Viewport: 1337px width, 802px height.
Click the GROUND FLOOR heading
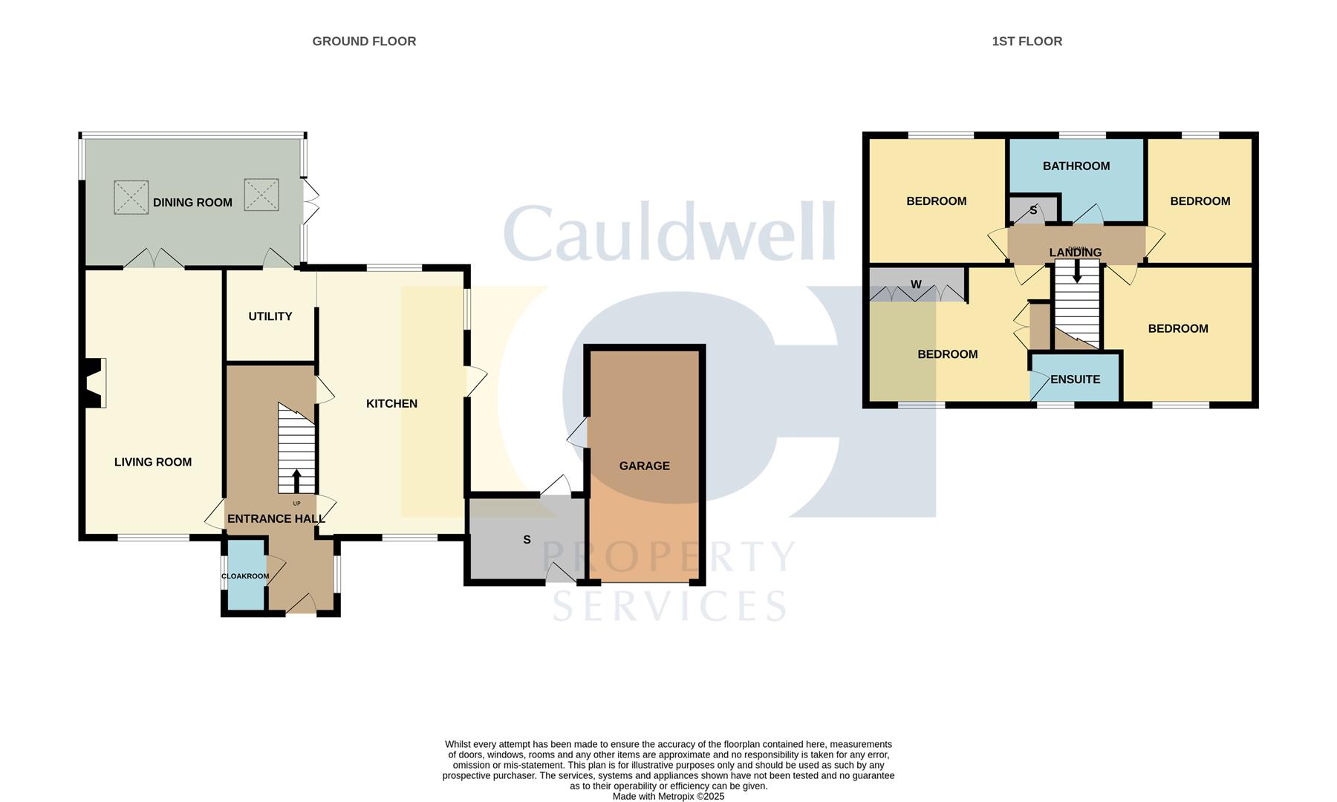[x=364, y=42]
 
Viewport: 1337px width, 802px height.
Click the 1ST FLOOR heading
[x=1027, y=42]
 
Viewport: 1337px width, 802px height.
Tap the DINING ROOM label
[x=192, y=203]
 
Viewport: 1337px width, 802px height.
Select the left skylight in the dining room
[x=131, y=197]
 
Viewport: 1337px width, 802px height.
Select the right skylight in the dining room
[x=261, y=195]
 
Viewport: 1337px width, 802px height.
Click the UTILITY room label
[x=270, y=316]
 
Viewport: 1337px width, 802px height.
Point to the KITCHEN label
[x=392, y=404]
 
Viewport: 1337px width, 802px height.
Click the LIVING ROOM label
[x=153, y=463]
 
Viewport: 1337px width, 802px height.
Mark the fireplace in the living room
[x=94, y=383]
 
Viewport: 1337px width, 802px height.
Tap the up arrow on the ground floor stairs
[x=296, y=481]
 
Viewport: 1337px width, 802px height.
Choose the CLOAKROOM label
[x=245, y=576]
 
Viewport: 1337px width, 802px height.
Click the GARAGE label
[x=645, y=466]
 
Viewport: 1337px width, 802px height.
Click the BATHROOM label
[x=1076, y=166]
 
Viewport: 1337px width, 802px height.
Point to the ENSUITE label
[x=1076, y=379]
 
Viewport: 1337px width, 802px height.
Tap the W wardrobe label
[x=916, y=284]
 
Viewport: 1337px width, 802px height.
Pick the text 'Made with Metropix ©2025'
[x=668, y=796]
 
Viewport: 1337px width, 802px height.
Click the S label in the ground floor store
[x=527, y=540]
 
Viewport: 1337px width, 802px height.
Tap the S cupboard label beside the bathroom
[x=1033, y=211]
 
